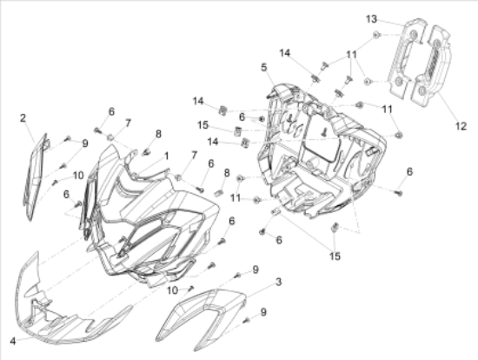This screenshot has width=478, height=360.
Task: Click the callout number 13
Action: [x=371, y=19]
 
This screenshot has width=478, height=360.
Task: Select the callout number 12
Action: [x=461, y=126]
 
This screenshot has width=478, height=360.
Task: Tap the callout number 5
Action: [x=264, y=67]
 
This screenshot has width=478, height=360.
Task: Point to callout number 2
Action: [x=23, y=118]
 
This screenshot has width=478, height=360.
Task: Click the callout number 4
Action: [x=13, y=341]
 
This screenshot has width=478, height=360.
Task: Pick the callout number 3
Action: [x=279, y=283]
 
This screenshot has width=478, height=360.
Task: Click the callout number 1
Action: [x=166, y=157]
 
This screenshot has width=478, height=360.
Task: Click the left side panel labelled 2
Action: [x=35, y=177]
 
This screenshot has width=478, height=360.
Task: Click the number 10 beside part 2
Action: [x=78, y=176]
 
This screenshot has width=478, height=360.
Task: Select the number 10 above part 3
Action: [x=173, y=290]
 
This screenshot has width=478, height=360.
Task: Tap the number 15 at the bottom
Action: [x=335, y=257]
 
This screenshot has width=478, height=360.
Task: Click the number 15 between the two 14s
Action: [x=202, y=124]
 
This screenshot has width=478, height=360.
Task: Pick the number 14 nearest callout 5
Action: [x=285, y=53]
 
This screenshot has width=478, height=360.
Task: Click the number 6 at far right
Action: [x=409, y=172]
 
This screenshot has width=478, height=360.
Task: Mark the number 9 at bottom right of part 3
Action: [x=263, y=312]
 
